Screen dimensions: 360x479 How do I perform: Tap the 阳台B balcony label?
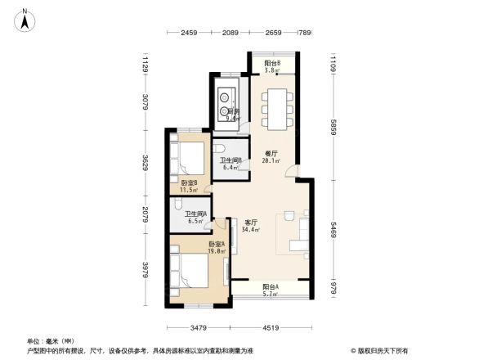pyautogui.click(x=272, y=67)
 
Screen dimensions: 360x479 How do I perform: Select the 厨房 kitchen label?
pyautogui.click(x=232, y=115)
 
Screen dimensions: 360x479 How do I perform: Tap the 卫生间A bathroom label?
pyautogui.click(x=195, y=218)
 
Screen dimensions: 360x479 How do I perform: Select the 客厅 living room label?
pyautogui.click(x=252, y=225)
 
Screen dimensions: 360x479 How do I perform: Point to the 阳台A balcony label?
pyautogui.click(x=271, y=290)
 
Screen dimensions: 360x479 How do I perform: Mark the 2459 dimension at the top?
pyautogui.click(x=190, y=34)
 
